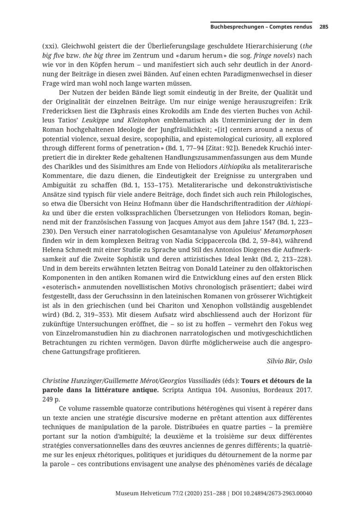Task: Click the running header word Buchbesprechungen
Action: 235,27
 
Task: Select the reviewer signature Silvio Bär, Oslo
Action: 289,361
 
